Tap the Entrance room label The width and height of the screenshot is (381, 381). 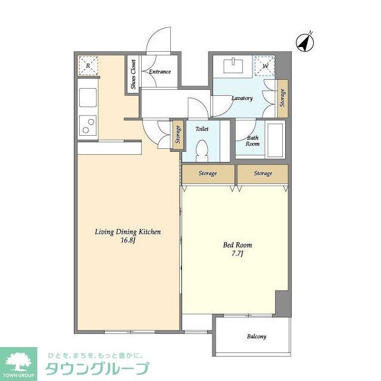click(x=160, y=72)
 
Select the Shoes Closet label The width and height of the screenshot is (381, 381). click(x=133, y=74)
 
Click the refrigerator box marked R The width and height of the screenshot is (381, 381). click(x=88, y=66)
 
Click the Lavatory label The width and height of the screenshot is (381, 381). click(x=242, y=98)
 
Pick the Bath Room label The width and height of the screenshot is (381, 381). click(x=252, y=140)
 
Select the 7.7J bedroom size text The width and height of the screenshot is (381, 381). click(x=237, y=254)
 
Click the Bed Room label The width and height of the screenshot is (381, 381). click(x=237, y=245)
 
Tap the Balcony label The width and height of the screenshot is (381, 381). click(x=257, y=336)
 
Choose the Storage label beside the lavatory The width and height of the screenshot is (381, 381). click(x=283, y=97)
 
